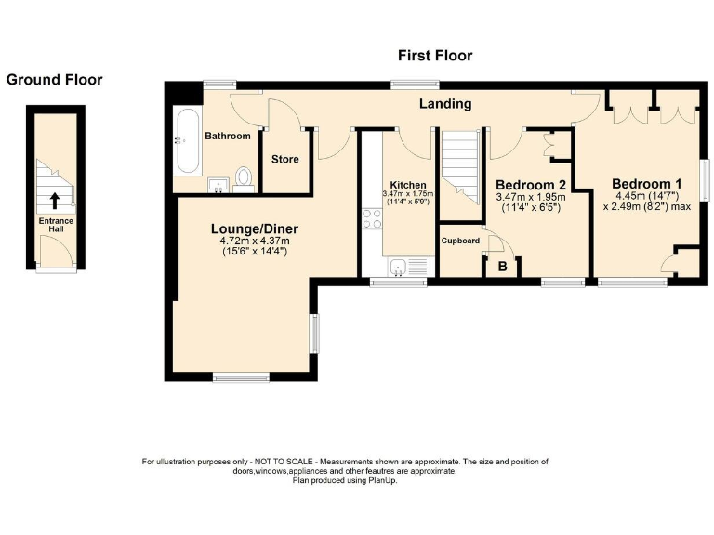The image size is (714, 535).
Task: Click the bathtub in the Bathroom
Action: pyautogui.click(x=187, y=141)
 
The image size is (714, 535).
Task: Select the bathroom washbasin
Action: pyautogui.click(x=218, y=185)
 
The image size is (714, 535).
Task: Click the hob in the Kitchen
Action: pyautogui.click(x=372, y=219)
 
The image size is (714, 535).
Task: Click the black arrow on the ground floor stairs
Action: pyautogui.click(x=55, y=201)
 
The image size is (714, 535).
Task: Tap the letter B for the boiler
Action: pyautogui.click(x=502, y=267)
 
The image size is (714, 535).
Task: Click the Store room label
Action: pyautogui.click(x=285, y=159)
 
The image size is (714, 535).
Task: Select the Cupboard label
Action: pyautogui.click(x=460, y=241)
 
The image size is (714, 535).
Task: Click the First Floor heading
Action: pyautogui.click(x=435, y=56)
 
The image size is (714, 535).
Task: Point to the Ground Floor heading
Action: pyautogui.click(x=54, y=80)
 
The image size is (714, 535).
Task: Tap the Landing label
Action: pyautogui.click(x=445, y=104)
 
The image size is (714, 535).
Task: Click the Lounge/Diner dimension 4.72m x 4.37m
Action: pyautogui.click(x=255, y=241)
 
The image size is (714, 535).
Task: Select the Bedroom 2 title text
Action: pyautogui.click(x=531, y=185)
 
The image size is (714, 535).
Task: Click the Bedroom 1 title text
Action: pyautogui.click(x=647, y=184)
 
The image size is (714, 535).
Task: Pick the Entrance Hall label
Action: pyautogui.click(x=56, y=225)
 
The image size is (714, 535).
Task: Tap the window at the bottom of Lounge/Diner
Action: pyautogui.click(x=241, y=377)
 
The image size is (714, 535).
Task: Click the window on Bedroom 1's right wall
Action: pyautogui.click(x=705, y=179)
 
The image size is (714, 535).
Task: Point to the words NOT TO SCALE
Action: pyautogui.click(x=284, y=462)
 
